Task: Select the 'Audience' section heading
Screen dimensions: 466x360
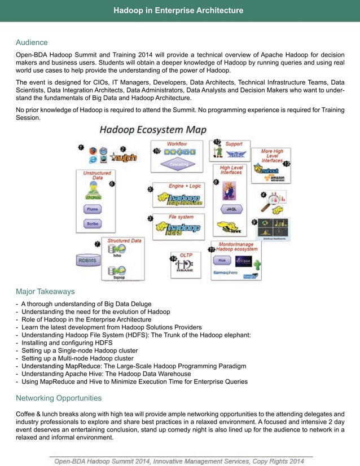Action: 32,42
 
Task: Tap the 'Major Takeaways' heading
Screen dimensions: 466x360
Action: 45,292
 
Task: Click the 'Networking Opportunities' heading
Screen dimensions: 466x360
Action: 59,398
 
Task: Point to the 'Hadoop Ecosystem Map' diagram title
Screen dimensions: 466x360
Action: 153,130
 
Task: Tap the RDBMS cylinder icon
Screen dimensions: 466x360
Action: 89,260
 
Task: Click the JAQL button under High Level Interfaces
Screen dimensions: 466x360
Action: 231,209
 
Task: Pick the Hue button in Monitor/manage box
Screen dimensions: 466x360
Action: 221,261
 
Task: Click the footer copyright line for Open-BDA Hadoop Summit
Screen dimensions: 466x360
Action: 179,461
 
